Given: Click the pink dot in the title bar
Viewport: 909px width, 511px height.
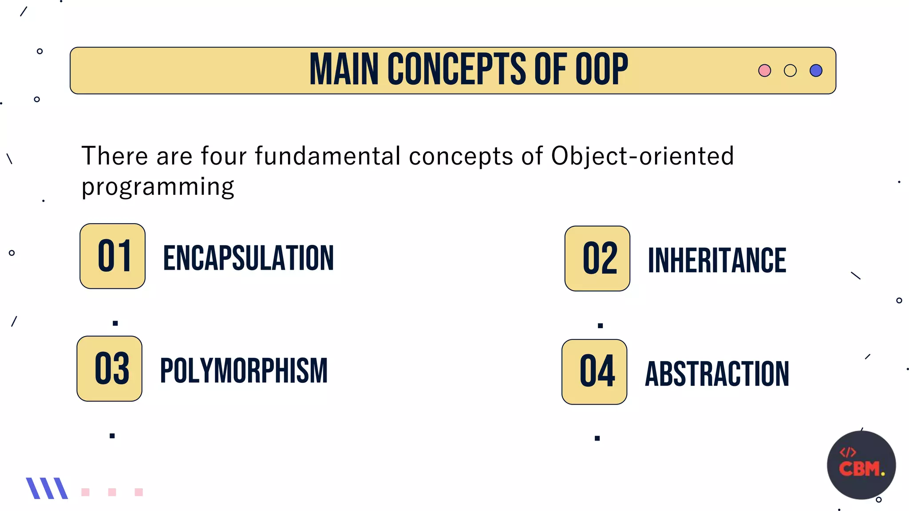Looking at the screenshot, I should pyautogui.click(x=764, y=71).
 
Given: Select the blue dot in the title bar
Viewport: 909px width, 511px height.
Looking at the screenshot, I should pyautogui.click(x=816, y=71).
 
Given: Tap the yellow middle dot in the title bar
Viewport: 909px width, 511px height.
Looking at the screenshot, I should pyautogui.click(x=790, y=71).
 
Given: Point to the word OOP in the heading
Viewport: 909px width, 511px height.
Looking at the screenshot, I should pyautogui.click(x=601, y=69).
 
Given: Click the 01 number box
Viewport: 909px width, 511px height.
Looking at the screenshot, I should pyautogui.click(x=113, y=256).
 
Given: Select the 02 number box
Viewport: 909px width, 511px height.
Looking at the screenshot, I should pyautogui.click(x=597, y=259).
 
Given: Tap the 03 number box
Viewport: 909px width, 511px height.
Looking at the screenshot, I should pyautogui.click(x=110, y=369).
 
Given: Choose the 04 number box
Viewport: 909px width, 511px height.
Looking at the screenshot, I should pyautogui.click(x=594, y=372).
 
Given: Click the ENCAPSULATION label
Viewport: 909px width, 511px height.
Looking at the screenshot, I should pyautogui.click(x=249, y=258).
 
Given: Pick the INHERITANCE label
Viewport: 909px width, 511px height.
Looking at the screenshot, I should pyautogui.click(x=717, y=260).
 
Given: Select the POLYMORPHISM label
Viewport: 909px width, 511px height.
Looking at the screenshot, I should pyautogui.click(x=244, y=371).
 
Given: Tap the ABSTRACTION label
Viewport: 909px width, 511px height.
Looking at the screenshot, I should pyautogui.click(x=717, y=374).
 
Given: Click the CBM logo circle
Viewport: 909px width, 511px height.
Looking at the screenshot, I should pyautogui.click(x=861, y=465).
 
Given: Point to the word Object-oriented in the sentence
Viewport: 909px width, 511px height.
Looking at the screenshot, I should pyautogui.click(x=642, y=156).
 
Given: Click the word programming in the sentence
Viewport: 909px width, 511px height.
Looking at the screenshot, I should pyautogui.click(x=158, y=187).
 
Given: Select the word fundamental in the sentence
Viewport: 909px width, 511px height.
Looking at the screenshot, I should pyautogui.click(x=328, y=156).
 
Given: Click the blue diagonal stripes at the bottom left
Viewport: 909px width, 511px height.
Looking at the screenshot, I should pyautogui.click(x=47, y=488).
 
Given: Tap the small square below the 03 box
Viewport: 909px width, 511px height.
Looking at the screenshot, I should pyautogui.click(x=112, y=436).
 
